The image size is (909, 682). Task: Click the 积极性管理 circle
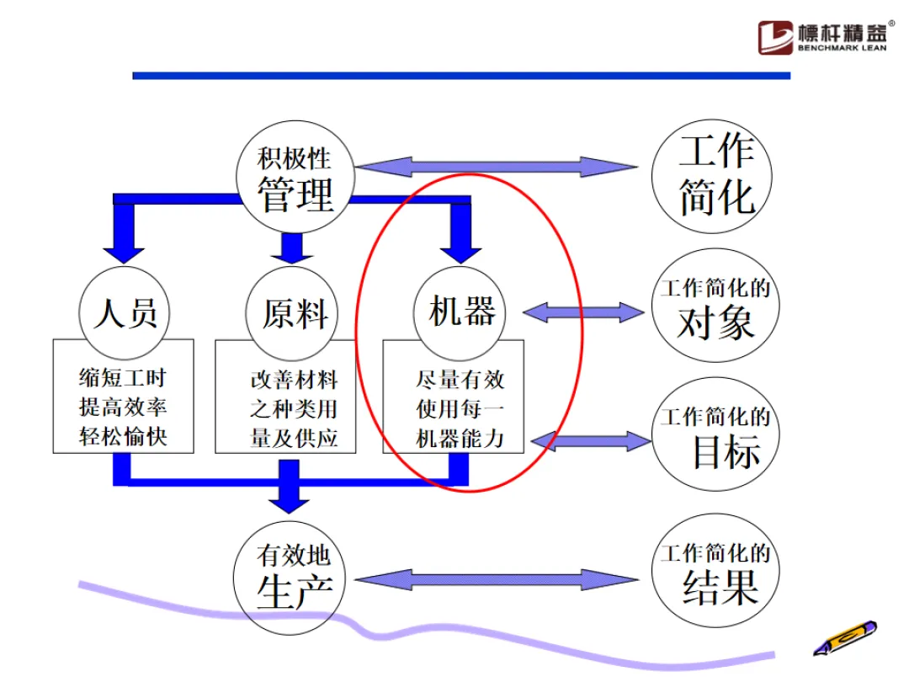pos(295,178)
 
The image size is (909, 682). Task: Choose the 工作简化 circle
pos(716,176)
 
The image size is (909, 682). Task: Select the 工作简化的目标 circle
pos(715,438)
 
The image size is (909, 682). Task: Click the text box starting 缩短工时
pos(124,408)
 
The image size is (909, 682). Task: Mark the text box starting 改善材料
pos(294,408)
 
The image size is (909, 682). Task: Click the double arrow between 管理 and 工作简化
pos(496,166)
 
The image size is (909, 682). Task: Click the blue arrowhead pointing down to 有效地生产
pos(289,500)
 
